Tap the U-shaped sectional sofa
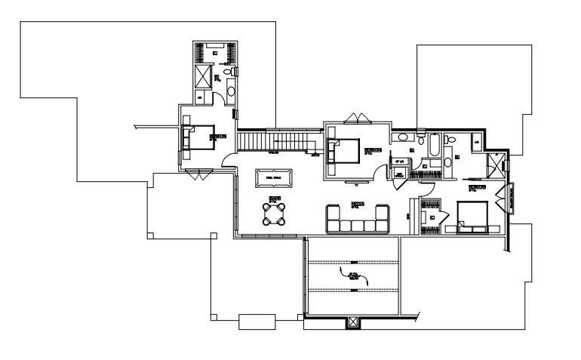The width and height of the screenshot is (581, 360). pos(357,220)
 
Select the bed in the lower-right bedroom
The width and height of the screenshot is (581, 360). pos(472,217)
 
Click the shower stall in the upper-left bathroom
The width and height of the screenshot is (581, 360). pos(203,76)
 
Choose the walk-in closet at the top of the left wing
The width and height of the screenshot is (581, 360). pos(215,54)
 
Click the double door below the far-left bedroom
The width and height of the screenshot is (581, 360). pos(195,174)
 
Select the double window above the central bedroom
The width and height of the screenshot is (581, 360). pos(357,118)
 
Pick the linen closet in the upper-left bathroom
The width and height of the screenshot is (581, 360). pos(200,97)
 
